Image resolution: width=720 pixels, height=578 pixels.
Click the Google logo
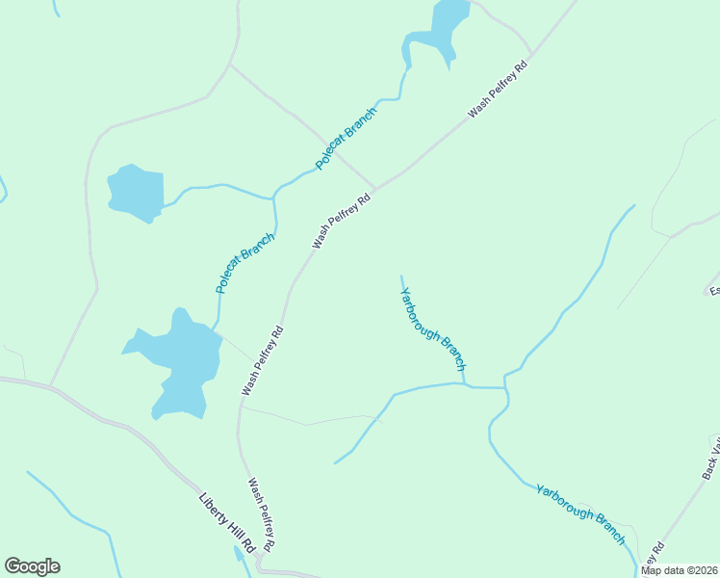coord(32,566)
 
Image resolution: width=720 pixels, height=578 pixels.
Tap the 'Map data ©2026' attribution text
coord(679,570)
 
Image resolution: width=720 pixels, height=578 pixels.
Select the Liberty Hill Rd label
coord(226,523)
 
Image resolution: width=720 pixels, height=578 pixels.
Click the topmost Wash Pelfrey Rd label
coord(500,91)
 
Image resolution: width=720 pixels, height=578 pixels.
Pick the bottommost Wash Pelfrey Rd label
coord(262,515)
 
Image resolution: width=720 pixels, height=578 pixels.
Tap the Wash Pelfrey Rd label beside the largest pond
coord(262,361)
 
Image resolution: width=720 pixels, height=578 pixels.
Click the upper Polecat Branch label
coord(347,139)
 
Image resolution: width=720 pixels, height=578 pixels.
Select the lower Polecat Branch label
coord(245,261)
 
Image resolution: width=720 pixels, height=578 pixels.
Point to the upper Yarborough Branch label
coord(433,329)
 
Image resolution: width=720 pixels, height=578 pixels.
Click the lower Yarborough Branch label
coord(581,508)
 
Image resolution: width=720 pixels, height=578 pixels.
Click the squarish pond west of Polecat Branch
coord(136,193)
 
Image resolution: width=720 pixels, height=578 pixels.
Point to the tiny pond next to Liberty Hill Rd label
coord(238,553)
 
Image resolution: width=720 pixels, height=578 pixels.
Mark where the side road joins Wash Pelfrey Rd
coord(374,189)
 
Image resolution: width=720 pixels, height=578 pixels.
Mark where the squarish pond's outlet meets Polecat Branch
coord(274,198)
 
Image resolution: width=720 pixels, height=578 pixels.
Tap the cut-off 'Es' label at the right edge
coord(714,289)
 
